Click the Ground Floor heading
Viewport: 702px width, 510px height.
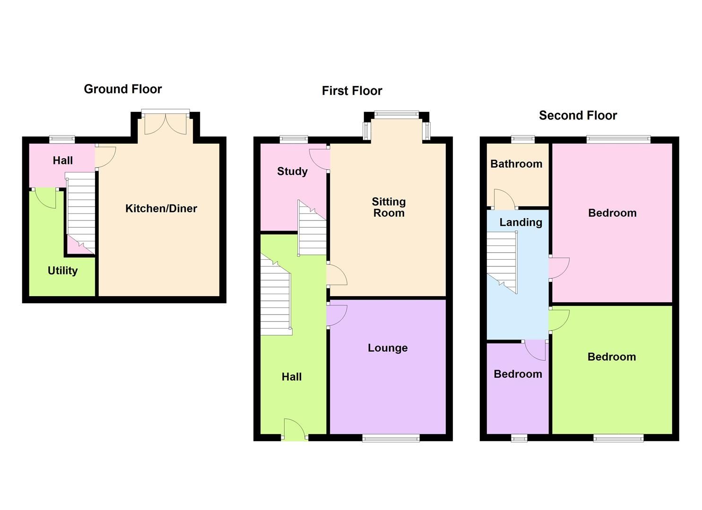pos(123,89)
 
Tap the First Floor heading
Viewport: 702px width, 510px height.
pos(352,91)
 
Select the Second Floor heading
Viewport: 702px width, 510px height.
pos(578,116)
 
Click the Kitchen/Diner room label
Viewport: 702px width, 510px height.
pos(161,209)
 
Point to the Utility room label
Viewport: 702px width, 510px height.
pos(62,271)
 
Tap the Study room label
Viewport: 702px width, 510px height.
pos(292,171)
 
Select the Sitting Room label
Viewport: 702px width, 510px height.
pos(389,207)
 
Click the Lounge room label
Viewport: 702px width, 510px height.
pos(388,348)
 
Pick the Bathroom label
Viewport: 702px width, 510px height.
pos(516,164)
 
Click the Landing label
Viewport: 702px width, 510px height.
pos(520,222)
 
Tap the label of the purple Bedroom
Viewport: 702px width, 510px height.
pos(518,374)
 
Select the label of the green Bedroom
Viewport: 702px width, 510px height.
pos(611,357)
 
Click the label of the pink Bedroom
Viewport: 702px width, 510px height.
pos(612,213)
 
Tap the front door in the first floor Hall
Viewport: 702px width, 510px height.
pos(294,430)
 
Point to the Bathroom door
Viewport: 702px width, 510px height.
pos(504,199)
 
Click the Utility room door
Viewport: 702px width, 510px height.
pos(46,197)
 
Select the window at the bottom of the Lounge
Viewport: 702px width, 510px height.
pos(390,438)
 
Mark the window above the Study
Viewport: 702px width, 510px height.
pos(293,139)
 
